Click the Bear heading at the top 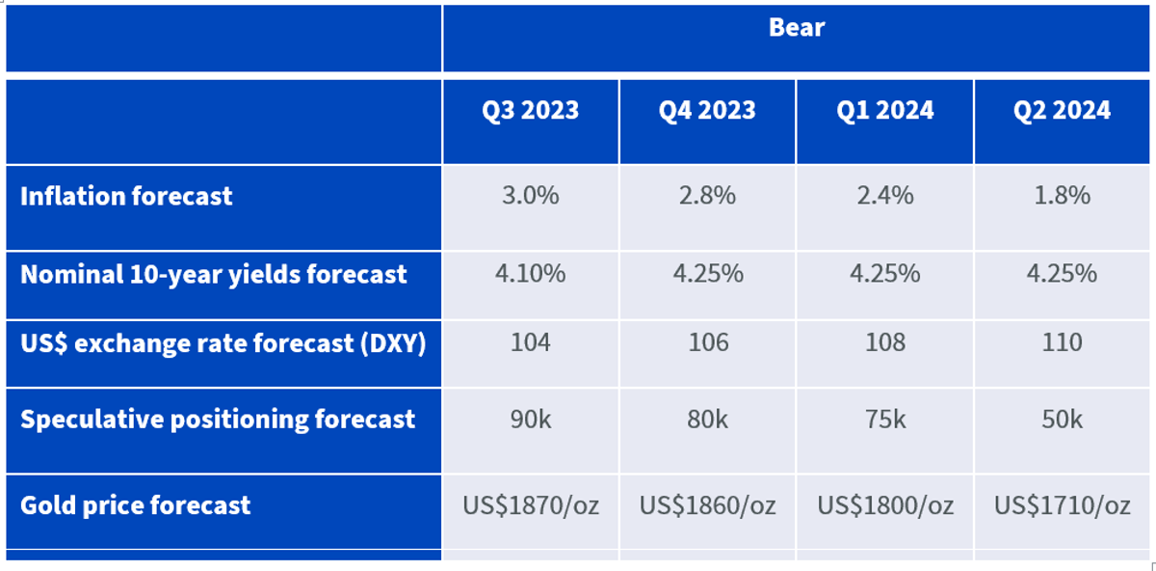coord(797,27)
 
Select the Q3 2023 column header coord(531,111)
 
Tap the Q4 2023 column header coord(707,111)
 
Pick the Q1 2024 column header coord(885,111)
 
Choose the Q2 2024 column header coord(1062,111)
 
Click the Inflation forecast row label coord(126,197)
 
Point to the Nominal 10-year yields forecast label coord(214,274)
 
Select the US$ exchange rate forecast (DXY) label coord(223,343)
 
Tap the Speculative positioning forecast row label coord(218,419)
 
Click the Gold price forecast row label coord(135,505)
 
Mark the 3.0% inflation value coord(531,196)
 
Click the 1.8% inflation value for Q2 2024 coord(1062,196)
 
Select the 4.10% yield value coord(531,273)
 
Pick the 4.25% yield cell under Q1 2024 coord(885,273)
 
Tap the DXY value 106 coord(708,342)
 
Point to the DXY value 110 coord(1062,342)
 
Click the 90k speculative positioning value coord(531,419)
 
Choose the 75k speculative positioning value coord(885,419)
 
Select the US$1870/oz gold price coord(531,505)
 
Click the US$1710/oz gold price coord(1062,505)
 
